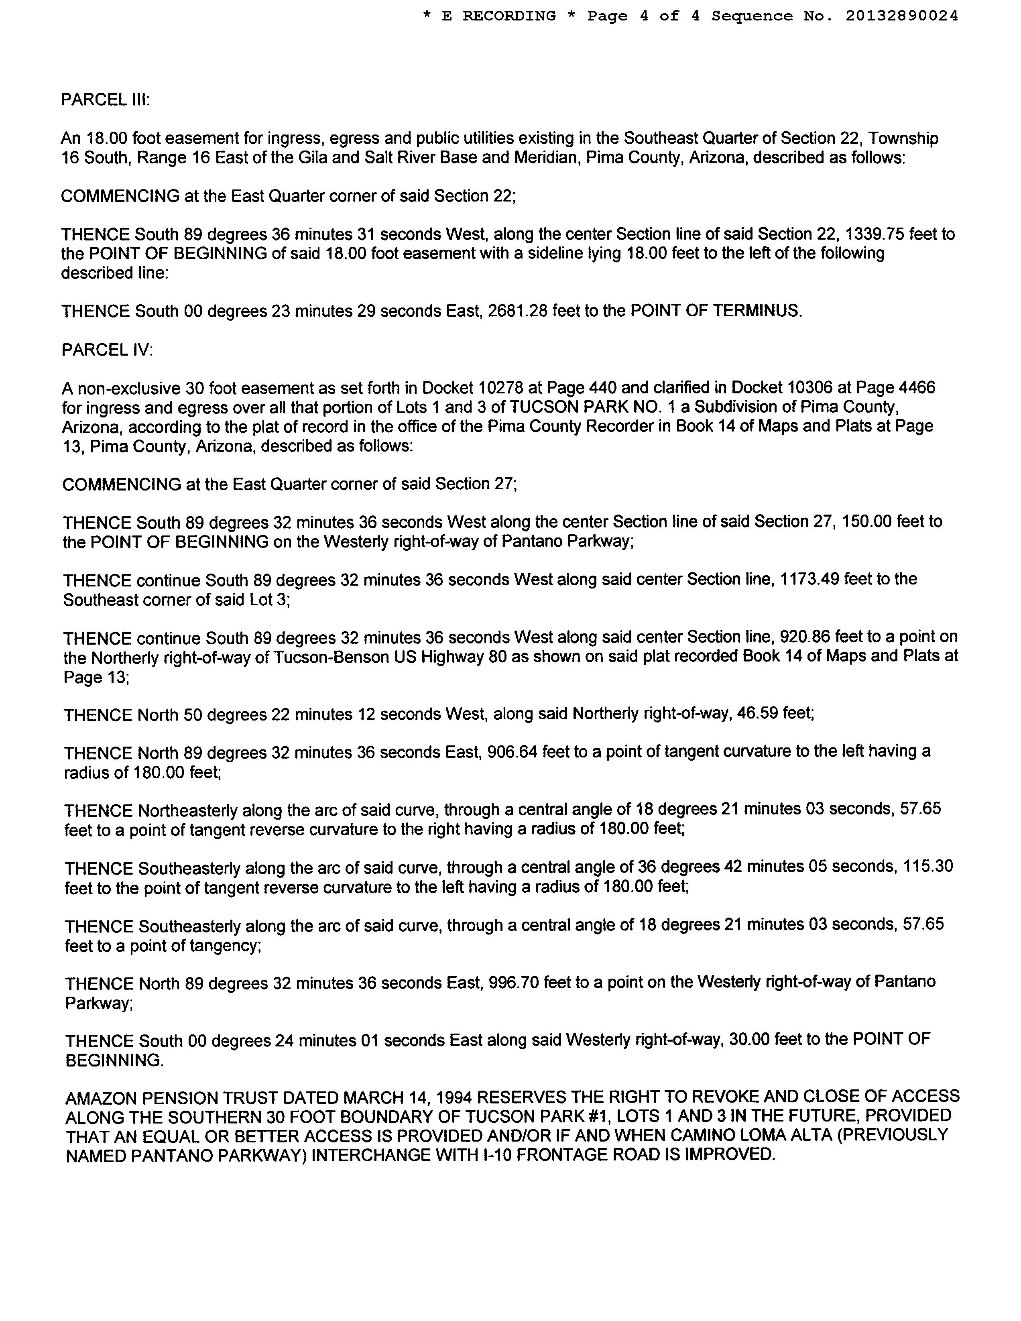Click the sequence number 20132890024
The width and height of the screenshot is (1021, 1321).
click(901, 16)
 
